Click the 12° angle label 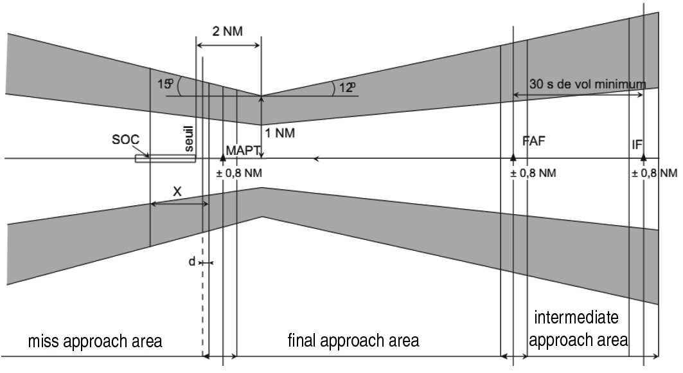point(347,87)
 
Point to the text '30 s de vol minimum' point(587,84)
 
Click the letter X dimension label point(177,192)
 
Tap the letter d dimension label point(191,262)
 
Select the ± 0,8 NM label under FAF point(533,173)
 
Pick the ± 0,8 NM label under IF point(654,173)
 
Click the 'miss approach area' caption point(95,341)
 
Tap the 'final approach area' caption point(353,340)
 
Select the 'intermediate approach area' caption point(577,329)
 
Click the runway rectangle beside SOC point(164,158)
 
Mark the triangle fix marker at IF point(643,157)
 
